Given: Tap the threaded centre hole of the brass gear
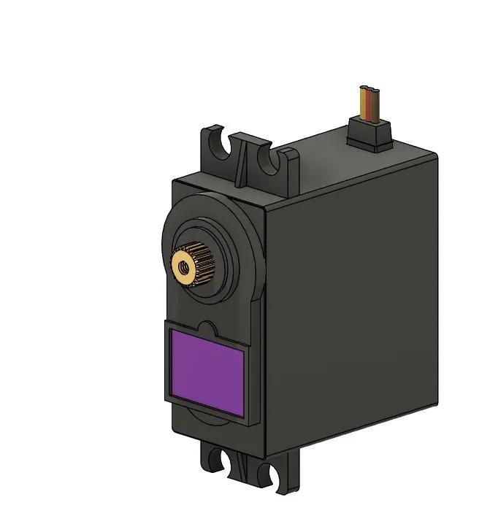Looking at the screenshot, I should (183, 266).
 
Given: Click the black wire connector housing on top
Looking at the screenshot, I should (369, 134).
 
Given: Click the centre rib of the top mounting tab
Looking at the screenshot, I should (241, 163).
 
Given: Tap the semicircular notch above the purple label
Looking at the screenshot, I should (206, 328).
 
